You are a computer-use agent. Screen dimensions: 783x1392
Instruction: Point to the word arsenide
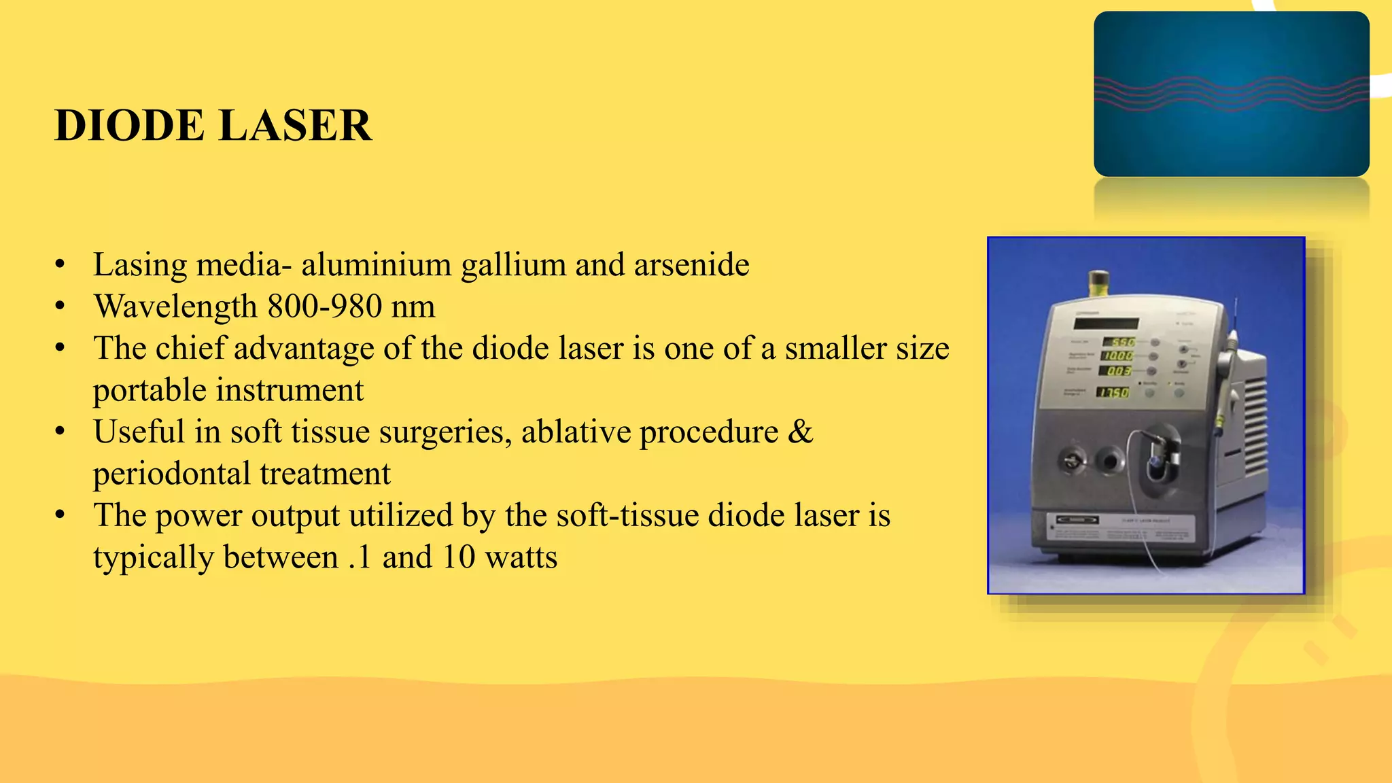(691, 264)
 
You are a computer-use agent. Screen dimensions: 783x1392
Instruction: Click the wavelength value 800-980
(324, 307)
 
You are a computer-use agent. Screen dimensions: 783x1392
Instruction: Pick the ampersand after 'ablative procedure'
(800, 432)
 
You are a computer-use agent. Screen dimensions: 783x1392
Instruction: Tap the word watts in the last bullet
(521, 557)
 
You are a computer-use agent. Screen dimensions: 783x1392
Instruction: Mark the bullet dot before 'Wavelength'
(60, 307)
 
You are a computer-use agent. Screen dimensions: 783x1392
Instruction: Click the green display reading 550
(1118, 342)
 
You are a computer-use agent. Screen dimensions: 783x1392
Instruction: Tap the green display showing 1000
(1117, 355)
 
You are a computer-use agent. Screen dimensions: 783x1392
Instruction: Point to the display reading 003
(1117, 371)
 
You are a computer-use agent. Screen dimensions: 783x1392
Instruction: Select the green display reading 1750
(1114, 392)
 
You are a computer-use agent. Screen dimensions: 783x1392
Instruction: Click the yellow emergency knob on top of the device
(1098, 282)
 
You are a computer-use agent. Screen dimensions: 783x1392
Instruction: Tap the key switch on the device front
(1071, 462)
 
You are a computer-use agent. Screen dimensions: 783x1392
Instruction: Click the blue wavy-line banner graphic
(1231, 94)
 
